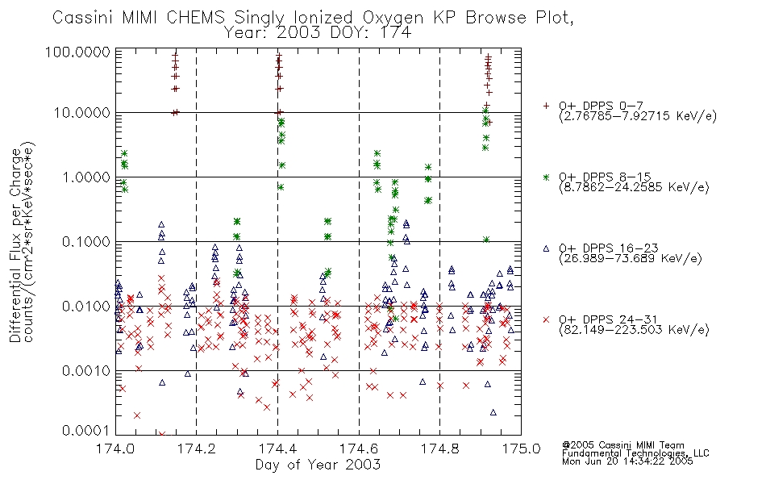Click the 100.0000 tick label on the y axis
pyautogui.click(x=77, y=52)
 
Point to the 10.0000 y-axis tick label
pyautogui.click(x=82, y=113)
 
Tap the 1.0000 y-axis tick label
pyautogui.click(x=86, y=177)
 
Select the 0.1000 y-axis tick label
pyautogui.click(x=86, y=241)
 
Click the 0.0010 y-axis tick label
pyautogui.click(x=86, y=370)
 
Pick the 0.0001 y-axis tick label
pyautogui.click(x=86, y=431)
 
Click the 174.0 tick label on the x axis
pyautogui.click(x=115, y=449)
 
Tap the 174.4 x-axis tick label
pyautogui.click(x=277, y=449)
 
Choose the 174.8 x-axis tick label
pyautogui.click(x=439, y=449)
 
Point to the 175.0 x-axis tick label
pyautogui.click(x=521, y=449)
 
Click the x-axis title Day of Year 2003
pyautogui.click(x=318, y=465)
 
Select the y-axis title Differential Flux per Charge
pyautogui.click(x=15, y=245)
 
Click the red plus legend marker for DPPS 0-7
pyautogui.click(x=546, y=106)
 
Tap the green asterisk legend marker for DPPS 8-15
pyautogui.click(x=546, y=177)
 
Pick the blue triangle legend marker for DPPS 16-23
pyautogui.click(x=546, y=248)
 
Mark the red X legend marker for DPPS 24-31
pyautogui.click(x=546, y=319)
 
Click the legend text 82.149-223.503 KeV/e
pyautogui.click(x=634, y=330)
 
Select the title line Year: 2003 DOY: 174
pyautogui.click(x=318, y=33)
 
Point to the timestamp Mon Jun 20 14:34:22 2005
pyautogui.click(x=627, y=461)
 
